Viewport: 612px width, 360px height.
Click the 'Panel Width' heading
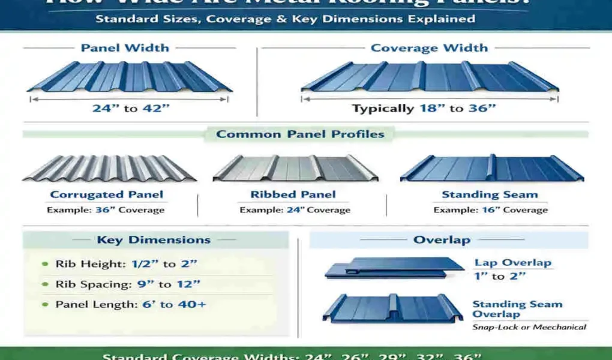[125, 48]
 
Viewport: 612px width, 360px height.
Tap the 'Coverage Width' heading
[429, 48]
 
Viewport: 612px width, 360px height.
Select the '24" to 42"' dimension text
[131, 109]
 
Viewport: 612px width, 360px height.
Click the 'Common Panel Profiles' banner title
[300, 134]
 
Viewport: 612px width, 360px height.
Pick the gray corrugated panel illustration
[109, 169]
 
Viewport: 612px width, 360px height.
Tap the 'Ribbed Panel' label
[293, 194]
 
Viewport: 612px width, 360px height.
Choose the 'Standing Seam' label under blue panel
[490, 194]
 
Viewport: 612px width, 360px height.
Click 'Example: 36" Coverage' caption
[106, 210]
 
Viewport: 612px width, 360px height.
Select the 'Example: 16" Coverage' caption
[490, 210]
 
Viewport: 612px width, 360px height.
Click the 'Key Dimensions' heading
[154, 240]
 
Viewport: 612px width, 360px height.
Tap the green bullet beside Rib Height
[46, 264]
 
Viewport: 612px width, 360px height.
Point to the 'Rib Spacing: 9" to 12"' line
[128, 284]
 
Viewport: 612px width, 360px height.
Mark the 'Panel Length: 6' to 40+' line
[131, 305]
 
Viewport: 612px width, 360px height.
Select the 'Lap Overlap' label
[512, 263]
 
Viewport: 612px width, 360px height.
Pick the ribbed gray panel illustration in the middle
[295, 169]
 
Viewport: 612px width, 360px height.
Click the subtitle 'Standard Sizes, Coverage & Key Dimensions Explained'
[286, 19]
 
